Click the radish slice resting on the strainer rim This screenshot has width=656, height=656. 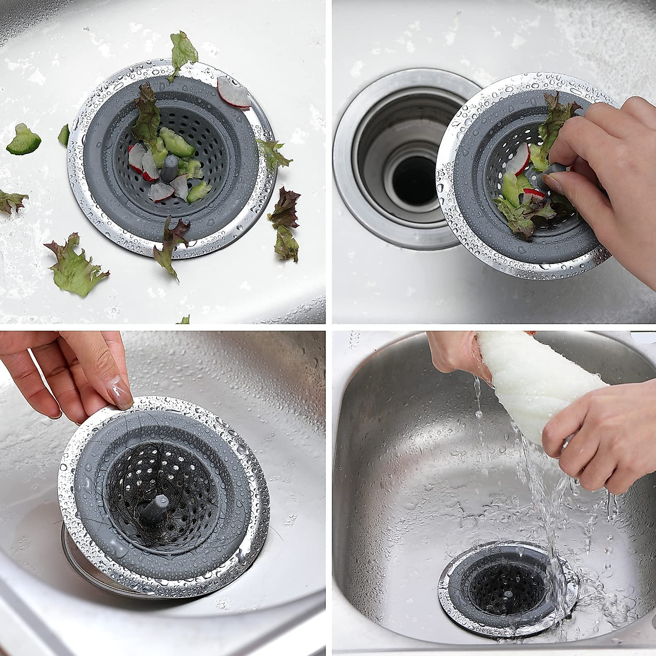pyautogui.click(x=233, y=92)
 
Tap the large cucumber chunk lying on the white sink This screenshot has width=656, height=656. pyautogui.click(x=24, y=140)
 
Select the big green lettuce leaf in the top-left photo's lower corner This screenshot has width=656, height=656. pyautogui.click(x=75, y=266)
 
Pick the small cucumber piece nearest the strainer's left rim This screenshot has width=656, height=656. pyautogui.click(x=64, y=135)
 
